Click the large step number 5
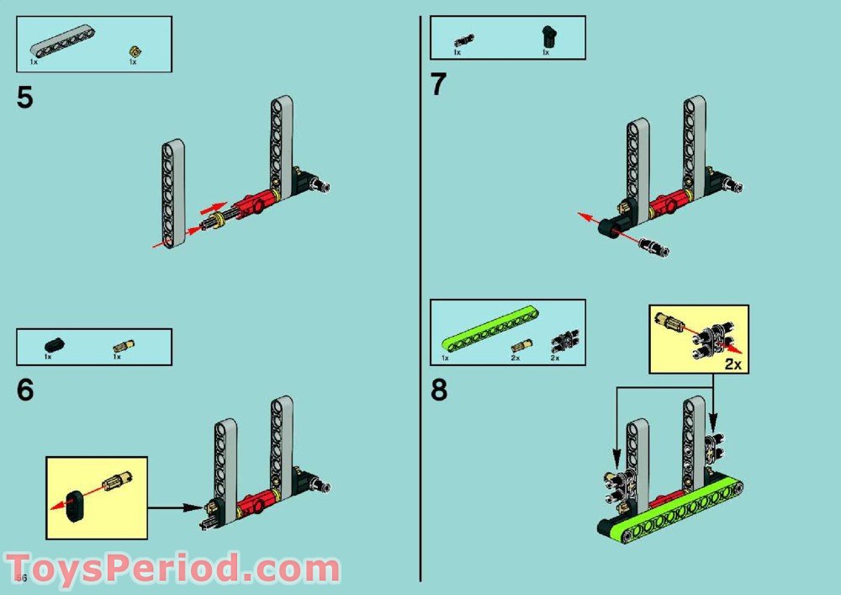(25, 98)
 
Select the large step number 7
(439, 85)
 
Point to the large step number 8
(439, 391)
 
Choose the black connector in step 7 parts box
(547, 36)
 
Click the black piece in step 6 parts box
(53, 344)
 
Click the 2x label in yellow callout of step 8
(733, 364)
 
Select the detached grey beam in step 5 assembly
(173, 194)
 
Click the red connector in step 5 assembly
(250, 205)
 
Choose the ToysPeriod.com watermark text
(172, 569)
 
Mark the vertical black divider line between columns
(420, 295)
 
